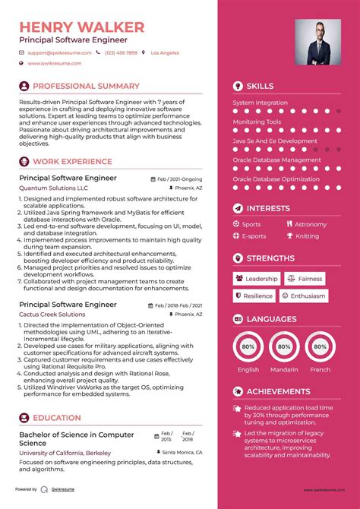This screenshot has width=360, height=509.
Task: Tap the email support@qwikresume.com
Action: tap(59, 53)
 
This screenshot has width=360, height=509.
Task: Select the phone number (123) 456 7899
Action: tap(122, 53)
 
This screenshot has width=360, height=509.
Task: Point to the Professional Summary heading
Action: tap(86, 87)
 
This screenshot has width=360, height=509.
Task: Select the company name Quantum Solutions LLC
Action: tap(53, 188)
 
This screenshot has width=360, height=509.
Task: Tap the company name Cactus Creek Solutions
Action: tap(52, 314)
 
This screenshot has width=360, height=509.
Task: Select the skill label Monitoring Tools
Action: tap(257, 122)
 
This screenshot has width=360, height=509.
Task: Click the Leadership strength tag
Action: tap(257, 279)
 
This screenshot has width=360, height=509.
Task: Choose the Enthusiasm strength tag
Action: tap(304, 296)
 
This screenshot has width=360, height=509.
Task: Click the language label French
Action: tap(321, 370)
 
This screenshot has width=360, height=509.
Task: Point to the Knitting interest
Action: tap(307, 236)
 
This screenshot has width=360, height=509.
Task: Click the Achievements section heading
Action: tap(278, 391)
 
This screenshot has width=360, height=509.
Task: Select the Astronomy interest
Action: tap(310, 224)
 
